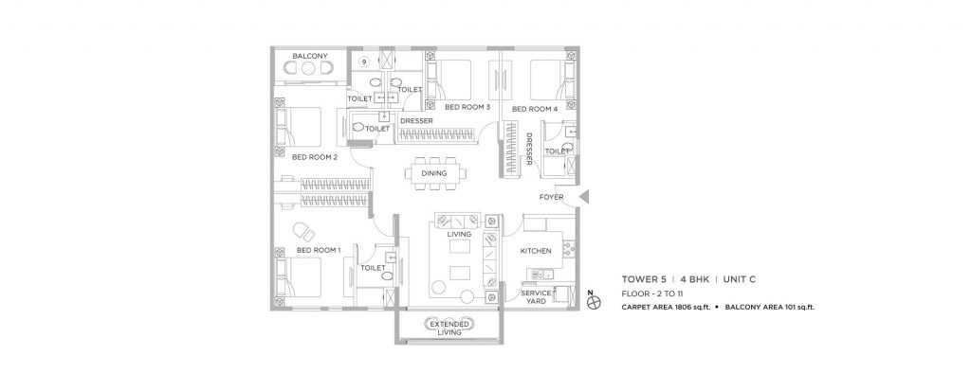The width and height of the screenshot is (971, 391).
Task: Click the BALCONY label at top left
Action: point(310,57)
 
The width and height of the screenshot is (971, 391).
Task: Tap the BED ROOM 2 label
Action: point(315,157)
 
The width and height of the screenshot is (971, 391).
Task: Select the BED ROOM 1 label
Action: point(319,250)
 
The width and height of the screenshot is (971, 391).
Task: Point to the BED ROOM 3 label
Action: point(467,108)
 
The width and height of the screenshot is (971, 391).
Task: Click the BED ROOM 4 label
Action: point(535,110)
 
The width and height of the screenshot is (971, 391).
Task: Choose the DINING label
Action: point(435,173)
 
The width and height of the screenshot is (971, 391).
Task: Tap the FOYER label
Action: point(552,198)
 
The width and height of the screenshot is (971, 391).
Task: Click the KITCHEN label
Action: point(537,252)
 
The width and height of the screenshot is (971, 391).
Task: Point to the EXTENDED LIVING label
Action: point(448,328)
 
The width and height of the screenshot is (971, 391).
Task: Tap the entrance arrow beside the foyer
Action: point(585,197)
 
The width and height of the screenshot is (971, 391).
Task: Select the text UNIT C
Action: point(734,280)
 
